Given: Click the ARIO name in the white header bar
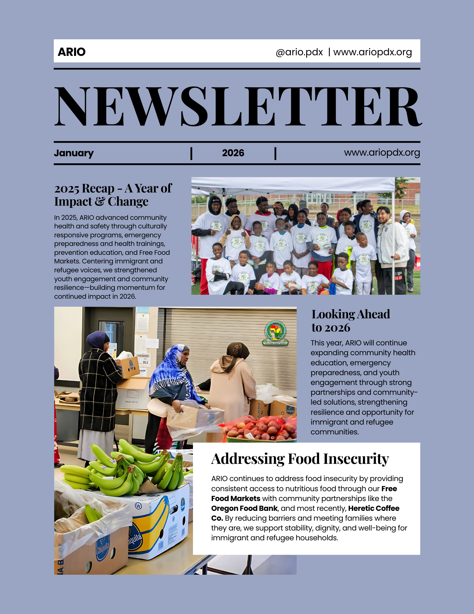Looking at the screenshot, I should pos(71,52).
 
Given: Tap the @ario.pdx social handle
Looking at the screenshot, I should pos(299,52).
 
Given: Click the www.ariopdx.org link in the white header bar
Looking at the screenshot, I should pos(372,52).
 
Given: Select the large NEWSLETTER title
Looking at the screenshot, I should pos(237,106).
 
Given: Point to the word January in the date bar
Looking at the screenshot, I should pos(74,153).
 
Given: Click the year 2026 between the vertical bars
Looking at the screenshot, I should pos(233,153).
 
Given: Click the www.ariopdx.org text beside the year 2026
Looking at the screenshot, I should pos(382,152).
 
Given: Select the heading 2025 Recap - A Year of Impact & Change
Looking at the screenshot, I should pos(113,195).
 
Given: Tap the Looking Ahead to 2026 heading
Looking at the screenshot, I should pos(350,321).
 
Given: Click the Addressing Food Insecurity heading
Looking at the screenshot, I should pos(300,459).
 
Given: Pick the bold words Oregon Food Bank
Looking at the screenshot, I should pos(244,508).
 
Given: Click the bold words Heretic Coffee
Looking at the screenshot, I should pos(373,508).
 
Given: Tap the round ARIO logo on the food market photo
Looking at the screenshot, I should pos(275,332).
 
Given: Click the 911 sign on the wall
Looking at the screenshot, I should pos(145,362).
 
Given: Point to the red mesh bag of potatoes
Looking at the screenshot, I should pos(261,427).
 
